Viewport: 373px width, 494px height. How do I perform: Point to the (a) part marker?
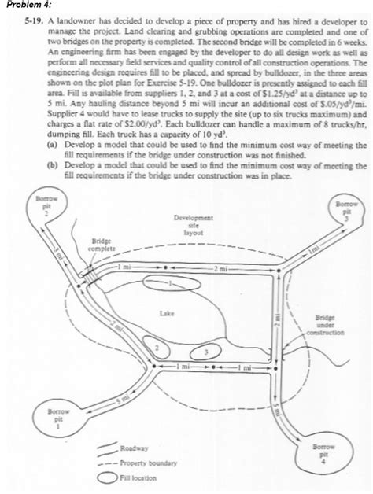point(52,146)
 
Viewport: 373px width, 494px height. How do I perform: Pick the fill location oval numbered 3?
point(206,352)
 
